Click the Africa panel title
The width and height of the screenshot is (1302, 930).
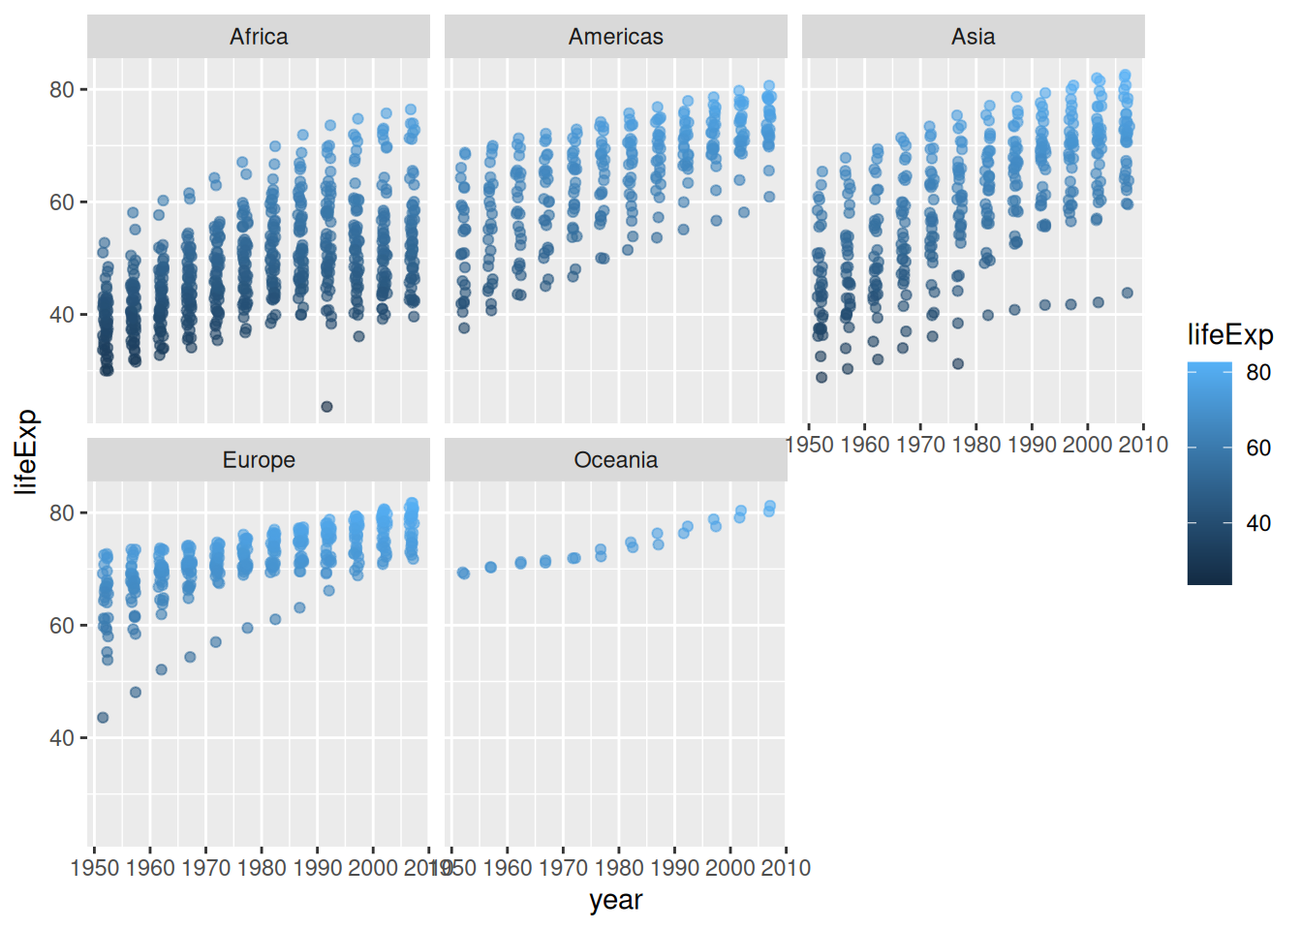click(259, 37)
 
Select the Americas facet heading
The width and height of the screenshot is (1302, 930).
click(616, 37)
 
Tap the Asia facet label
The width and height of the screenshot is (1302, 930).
click(973, 37)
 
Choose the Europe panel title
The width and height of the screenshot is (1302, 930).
click(259, 460)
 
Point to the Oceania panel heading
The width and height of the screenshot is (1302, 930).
click(616, 460)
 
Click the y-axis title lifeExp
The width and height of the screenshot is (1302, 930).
click(26, 451)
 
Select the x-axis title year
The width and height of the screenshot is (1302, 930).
click(616, 900)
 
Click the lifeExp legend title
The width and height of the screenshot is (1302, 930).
click(1229, 335)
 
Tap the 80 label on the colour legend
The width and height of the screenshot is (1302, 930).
click(1258, 372)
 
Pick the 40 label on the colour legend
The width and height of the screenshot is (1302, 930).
click(1258, 523)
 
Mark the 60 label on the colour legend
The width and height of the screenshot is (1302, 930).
click(1258, 448)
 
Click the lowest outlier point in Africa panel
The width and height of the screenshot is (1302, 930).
click(326, 407)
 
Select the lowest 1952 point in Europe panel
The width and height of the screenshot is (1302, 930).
click(103, 718)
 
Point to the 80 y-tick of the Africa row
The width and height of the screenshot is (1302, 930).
click(62, 90)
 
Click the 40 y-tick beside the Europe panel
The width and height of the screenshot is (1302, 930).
click(62, 738)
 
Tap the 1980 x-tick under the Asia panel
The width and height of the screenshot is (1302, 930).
click(976, 445)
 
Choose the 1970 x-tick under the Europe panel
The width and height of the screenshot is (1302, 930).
click(205, 868)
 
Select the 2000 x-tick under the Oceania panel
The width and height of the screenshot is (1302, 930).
click(730, 868)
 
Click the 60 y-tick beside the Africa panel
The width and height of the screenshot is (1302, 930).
click(62, 202)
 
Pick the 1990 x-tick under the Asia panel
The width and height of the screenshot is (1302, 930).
click(1032, 445)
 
